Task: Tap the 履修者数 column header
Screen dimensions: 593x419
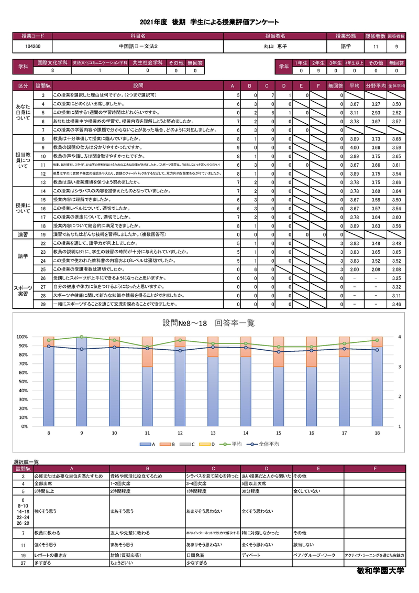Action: (376, 36)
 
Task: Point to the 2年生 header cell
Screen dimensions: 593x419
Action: (317, 62)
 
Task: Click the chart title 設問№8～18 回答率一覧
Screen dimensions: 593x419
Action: (209, 323)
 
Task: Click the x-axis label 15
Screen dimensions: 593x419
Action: (278, 433)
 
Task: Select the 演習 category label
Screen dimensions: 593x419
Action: (24, 234)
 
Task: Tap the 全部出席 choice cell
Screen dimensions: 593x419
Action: (47, 483)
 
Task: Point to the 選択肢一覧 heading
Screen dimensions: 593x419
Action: (27, 462)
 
